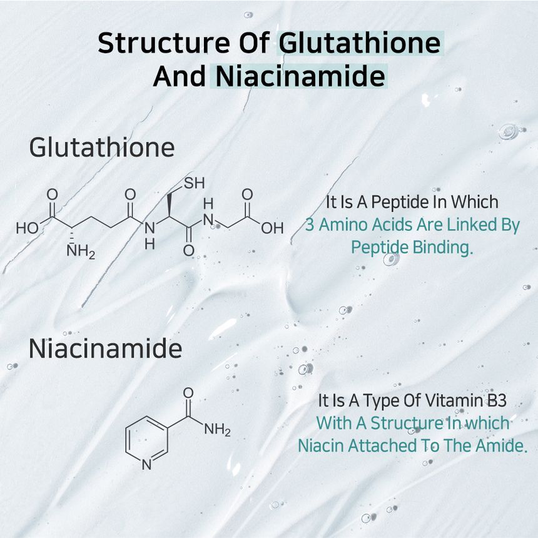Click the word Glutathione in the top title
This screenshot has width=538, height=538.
pyautogui.click(x=360, y=43)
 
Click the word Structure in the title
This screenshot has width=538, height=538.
pyautogui.click(x=164, y=43)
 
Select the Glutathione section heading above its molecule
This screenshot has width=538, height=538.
pyautogui.click(x=102, y=148)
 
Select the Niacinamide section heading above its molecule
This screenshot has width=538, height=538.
pyautogui.click(x=105, y=348)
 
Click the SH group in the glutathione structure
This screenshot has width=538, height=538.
pyautogui.click(x=194, y=183)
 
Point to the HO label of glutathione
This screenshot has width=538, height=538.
pyautogui.click(x=28, y=228)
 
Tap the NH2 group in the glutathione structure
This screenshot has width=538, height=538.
pyautogui.click(x=81, y=251)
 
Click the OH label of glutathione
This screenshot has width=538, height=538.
pyautogui.click(x=272, y=228)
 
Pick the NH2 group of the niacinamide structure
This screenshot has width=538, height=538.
pyautogui.click(x=217, y=430)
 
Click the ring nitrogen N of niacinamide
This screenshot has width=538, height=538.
pyautogui.click(x=146, y=465)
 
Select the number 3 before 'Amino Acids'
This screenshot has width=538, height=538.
pyautogui.click(x=310, y=225)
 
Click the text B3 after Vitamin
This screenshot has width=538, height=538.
pyautogui.click(x=497, y=400)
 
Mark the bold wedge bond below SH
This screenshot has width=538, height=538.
pyautogui.click(x=169, y=205)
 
